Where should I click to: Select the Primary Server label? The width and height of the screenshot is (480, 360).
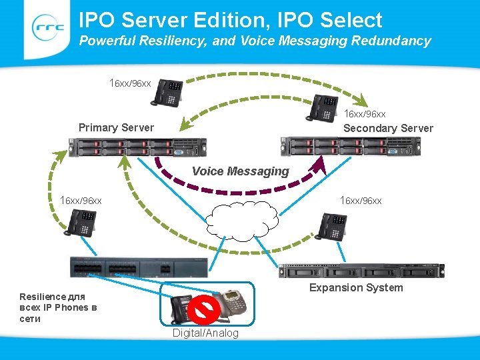tap(116, 127)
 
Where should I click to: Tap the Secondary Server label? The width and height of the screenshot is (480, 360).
tap(388, 128)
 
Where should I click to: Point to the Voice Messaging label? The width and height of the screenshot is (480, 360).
tap(241, 171)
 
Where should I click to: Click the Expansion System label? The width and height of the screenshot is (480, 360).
tap(355, 287)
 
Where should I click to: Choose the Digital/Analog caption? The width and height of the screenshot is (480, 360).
tap(205, 333)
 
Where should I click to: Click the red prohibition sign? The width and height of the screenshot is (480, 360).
tap(205, 310)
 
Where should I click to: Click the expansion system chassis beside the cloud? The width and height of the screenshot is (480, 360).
tap(361, 270)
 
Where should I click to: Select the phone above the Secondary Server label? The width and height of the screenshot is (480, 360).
tap(322, 108)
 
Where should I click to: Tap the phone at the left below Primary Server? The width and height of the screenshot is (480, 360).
tap(80, 222)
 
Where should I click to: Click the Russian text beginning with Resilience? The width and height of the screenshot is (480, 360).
tap(58, 307)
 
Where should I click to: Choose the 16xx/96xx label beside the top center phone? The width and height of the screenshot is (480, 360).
tap(131, 83)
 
